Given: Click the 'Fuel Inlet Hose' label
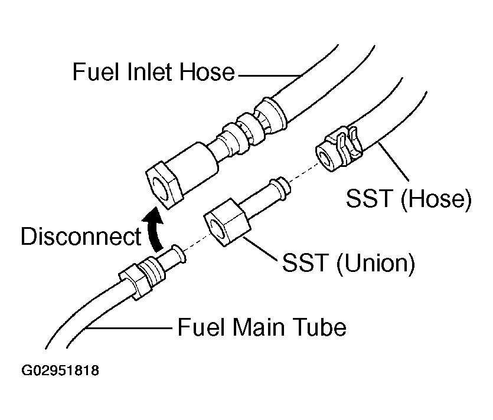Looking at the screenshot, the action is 154,72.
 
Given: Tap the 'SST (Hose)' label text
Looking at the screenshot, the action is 409,198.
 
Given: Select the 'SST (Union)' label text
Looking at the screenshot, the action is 348,262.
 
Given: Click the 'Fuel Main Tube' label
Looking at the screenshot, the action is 262,327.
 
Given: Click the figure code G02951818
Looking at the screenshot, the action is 60,370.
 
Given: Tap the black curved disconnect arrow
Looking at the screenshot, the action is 153,229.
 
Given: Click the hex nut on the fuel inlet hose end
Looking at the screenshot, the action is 164,185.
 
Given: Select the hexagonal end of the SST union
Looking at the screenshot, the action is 227,222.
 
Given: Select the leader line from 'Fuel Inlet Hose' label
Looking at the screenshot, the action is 269,76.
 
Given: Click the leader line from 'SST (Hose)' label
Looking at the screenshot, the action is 394,162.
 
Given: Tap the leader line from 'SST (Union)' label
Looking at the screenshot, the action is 259,249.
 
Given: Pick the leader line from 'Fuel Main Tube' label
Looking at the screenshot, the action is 129,328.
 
